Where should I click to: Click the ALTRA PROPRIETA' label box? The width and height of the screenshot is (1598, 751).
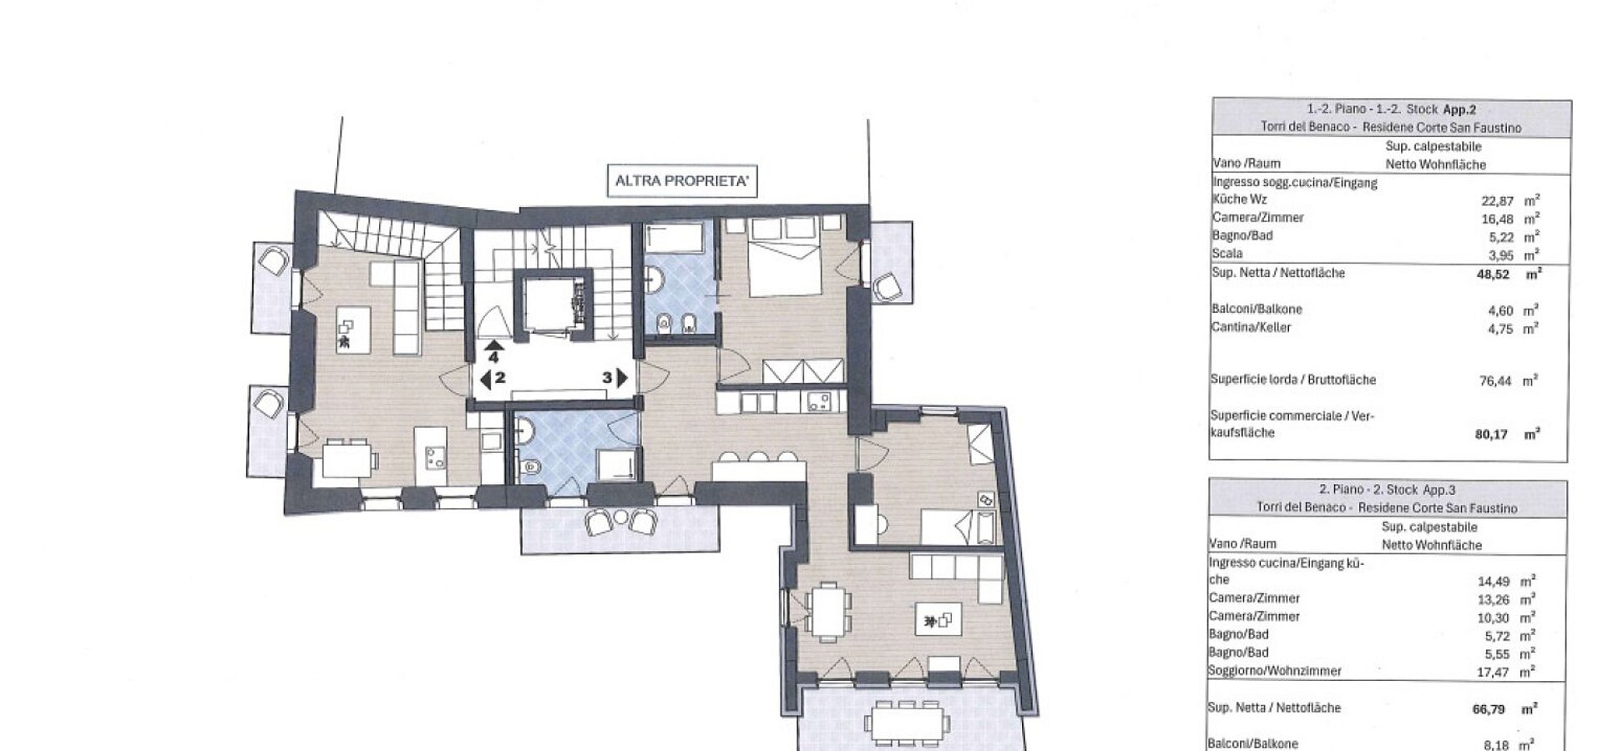(x=682, y=180)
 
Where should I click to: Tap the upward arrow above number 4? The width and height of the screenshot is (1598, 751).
(x=494, y=344)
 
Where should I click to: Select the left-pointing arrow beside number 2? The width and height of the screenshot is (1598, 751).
(x=485, y=378)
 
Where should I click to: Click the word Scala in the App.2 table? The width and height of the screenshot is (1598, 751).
(x=1227, y=254)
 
